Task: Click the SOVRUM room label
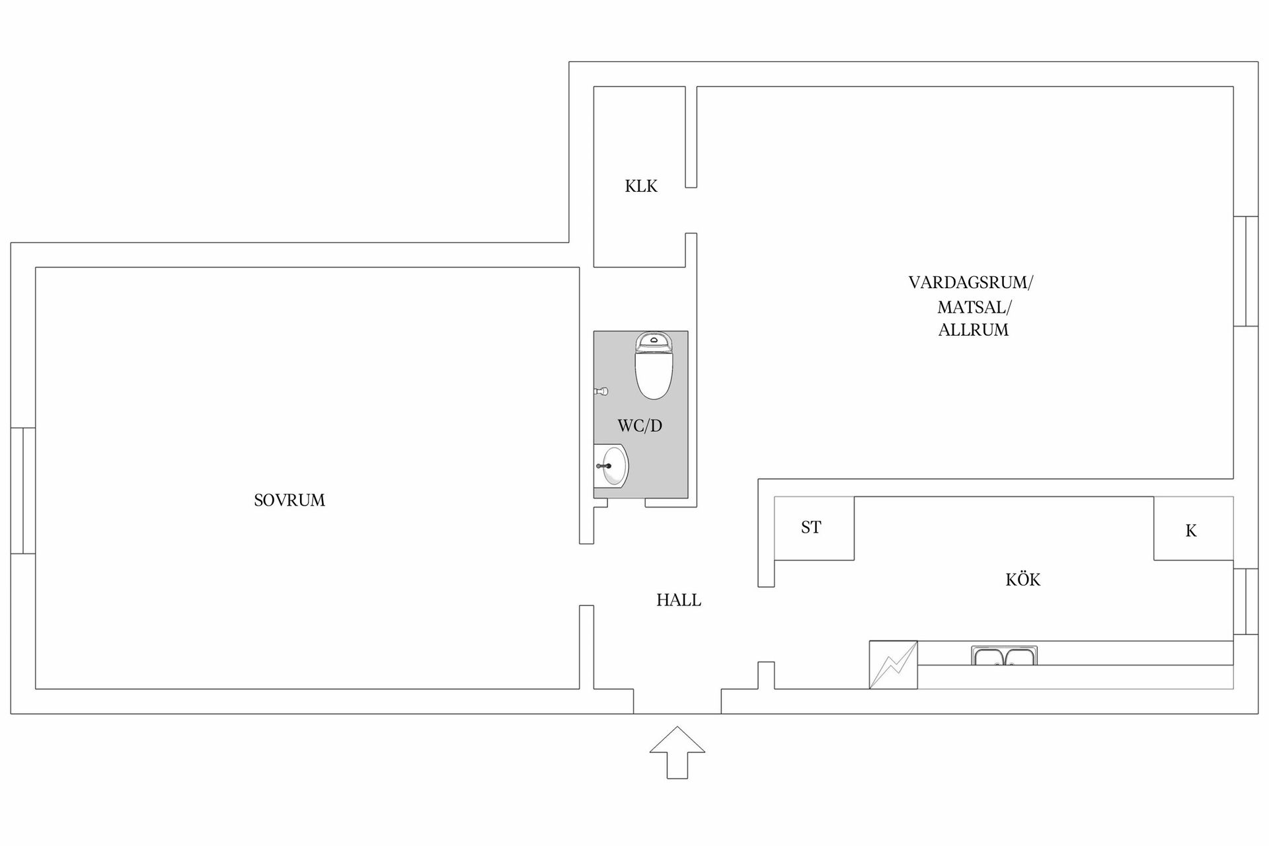point(289,500)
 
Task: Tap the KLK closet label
point(641,186)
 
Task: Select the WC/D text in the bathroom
point(640,426)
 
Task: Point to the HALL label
point(679,600)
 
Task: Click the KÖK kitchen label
point(1022,580)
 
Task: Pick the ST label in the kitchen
point(811,527)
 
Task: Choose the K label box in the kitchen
point(1191,531)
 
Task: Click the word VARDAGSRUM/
point(970,283)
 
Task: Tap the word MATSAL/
point(974,307)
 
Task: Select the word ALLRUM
point(974,330)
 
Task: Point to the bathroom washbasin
point(612,466)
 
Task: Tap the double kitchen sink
point(1004,656)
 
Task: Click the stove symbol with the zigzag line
point(893,665)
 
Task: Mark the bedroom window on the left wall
point(22,490)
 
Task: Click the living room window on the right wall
point(1246,271)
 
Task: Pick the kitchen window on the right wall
point(1246,601)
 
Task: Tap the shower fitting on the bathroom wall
point(601,391)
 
